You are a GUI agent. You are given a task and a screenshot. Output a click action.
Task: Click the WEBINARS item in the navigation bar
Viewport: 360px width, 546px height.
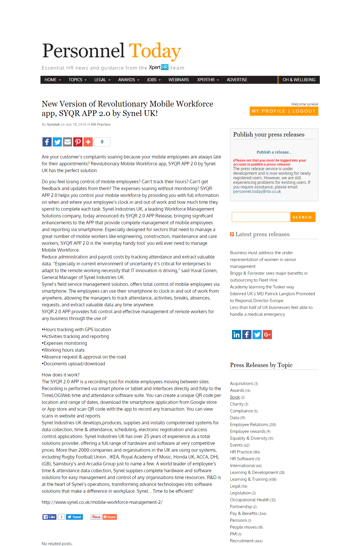[178, 80]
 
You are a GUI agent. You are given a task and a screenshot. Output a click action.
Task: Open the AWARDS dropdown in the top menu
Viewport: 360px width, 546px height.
[129, 80]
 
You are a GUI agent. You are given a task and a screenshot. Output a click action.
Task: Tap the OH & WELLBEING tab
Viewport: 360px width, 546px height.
[299, 80]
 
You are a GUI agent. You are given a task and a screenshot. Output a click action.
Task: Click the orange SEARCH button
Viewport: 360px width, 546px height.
[302, 217]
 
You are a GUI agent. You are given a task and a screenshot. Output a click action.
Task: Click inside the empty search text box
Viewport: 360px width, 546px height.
[261, 217]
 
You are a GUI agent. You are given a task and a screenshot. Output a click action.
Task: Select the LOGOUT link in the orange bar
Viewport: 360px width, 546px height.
[304, 111]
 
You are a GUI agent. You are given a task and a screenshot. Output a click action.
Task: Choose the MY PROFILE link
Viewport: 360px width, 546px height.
[269, 111]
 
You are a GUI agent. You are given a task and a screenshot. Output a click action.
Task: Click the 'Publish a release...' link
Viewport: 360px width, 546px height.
[274, 152]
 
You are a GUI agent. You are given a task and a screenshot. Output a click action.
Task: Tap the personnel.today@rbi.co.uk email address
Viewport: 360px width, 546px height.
[257, 191]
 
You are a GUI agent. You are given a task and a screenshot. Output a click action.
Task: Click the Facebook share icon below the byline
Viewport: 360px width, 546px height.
[47, 142]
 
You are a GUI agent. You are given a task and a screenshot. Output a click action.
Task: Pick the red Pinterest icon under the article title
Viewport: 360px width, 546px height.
[78, 142]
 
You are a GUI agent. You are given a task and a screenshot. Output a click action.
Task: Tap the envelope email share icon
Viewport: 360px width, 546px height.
[68, 142]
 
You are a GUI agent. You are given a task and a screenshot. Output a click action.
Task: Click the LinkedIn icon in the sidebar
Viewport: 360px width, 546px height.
[237, 335]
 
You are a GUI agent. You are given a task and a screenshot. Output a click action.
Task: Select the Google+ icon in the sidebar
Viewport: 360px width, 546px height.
[267, 335]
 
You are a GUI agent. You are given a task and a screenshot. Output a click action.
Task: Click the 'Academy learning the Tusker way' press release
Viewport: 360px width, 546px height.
[262, 287]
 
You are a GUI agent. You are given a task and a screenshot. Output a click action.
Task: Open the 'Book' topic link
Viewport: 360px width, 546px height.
[235, 397]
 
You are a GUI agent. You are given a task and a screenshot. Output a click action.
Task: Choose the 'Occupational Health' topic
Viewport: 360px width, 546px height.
[250, 500]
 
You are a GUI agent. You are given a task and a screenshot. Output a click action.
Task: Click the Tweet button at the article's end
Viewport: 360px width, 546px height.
[74, 517]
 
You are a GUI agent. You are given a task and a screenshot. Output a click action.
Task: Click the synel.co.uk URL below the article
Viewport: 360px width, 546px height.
[102, 502]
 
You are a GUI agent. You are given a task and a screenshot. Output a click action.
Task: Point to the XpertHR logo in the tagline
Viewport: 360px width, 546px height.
[158, 68]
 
